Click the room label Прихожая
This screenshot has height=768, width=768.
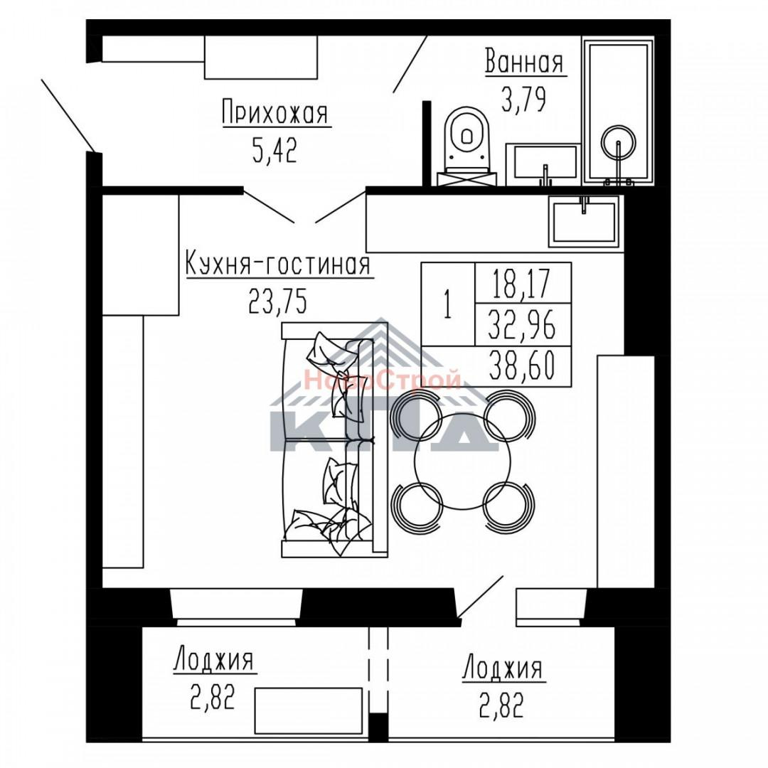275,114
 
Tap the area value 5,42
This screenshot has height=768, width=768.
274,150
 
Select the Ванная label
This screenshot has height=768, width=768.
525,63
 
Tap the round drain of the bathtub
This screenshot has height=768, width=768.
617,142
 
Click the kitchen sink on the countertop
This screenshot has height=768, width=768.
584,220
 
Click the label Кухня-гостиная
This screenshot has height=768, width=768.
278,265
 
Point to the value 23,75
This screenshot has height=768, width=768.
278,302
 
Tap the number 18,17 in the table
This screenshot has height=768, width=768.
522,284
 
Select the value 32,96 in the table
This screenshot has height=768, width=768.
522,326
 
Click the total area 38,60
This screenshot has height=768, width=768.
522,368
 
